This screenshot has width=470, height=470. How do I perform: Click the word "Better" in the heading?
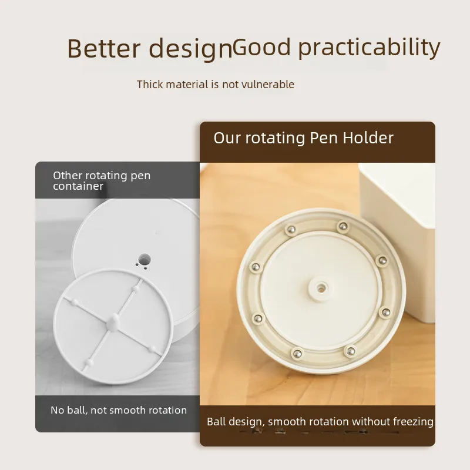pyautogui.click(x=104, y=48)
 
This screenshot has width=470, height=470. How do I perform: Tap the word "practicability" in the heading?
pyautogui.click(x=369, y=48)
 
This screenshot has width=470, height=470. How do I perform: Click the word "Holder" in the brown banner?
pyautogui.click(x=368, y=138)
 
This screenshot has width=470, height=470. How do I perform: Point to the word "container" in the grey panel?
pyautogui.click(x=78, y=186)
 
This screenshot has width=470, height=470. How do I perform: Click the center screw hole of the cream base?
pyautogui.click(x=321, y=288)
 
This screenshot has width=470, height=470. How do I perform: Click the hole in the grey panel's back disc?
pyautogui.click(x=145, y=259)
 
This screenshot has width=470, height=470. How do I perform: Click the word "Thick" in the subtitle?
pyautogui.click(x=150, y=84)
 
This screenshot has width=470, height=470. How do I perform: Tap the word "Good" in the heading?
pyautogui.click(x=261, y=47)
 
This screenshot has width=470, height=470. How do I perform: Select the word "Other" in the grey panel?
pyautogui.click(x=68, y=175)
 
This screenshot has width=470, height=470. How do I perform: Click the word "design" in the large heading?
pyautogui.click(x=190, y=49)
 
